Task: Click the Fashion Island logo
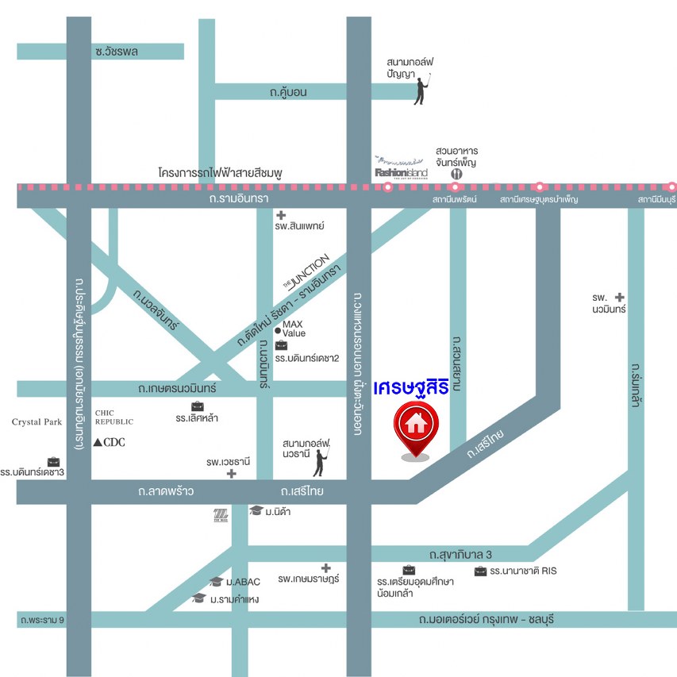[402, 170]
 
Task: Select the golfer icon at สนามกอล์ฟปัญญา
[421, 89]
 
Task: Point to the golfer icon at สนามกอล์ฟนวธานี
[321, 462]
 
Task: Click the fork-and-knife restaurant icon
[456, 172]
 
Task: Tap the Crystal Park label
[37, 422]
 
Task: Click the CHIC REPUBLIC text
[114, 417]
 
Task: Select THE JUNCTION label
[306, 271]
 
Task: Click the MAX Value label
[292, 329]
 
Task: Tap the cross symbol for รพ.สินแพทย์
[280, 215]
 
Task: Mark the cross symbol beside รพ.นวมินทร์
[620, 297]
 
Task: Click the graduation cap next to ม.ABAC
[216, 582]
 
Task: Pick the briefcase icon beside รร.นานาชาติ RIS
[480, 571]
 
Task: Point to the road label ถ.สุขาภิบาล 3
[461, 554]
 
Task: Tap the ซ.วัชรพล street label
[116, 52]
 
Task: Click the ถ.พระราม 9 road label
[43, 619]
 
